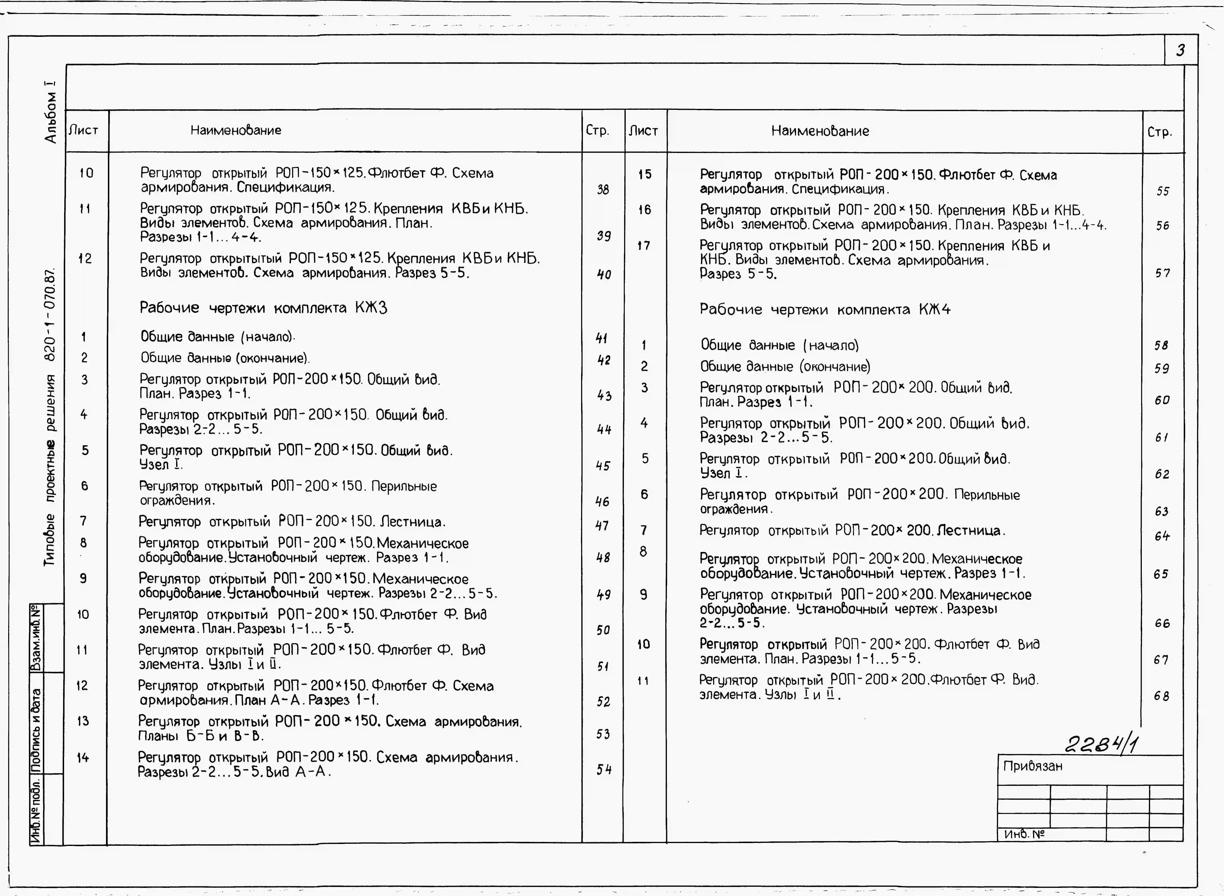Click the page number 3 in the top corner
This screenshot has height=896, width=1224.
pyautogui.click(x=1180, y=50)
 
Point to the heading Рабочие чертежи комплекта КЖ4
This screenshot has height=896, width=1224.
pyautogui.click(x=825, y=310)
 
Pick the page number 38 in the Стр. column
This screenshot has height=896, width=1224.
pyautogui.click(x=602, y=189)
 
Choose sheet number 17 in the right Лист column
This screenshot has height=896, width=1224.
pyautogui.click(x=644, y=246)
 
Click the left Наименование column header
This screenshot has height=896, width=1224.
pyautogui.click(x=235, y=130)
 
